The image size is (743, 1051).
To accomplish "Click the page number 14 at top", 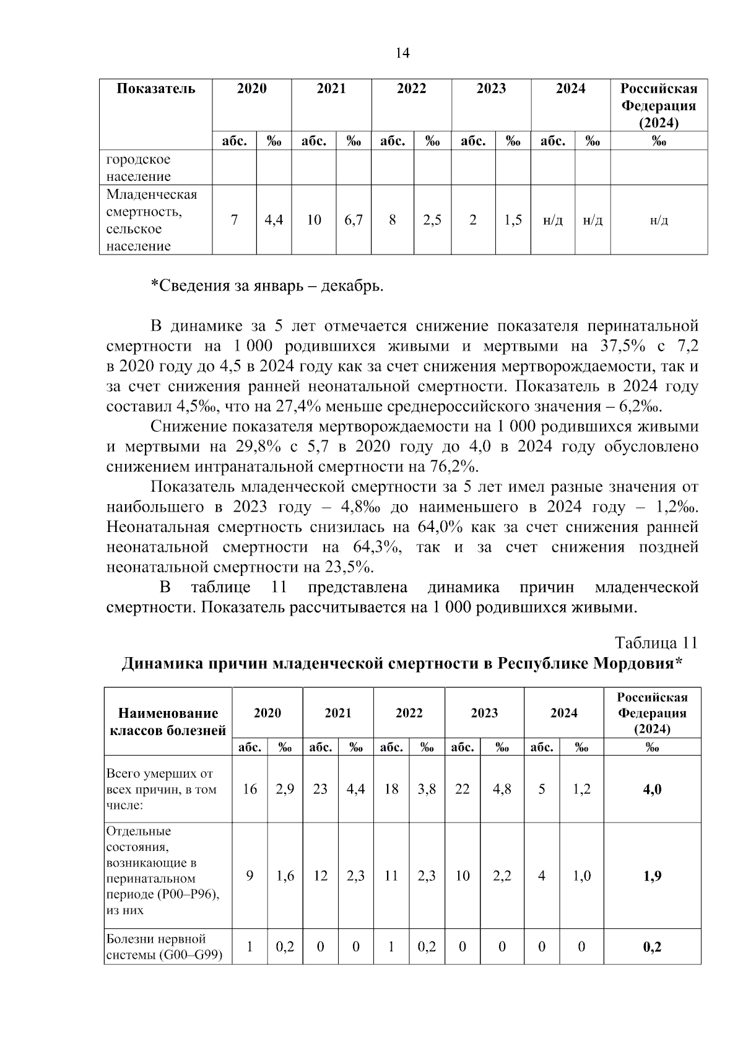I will point(402,53).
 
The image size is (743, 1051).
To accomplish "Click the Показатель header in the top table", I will point(156,89).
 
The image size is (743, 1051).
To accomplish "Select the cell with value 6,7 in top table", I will point(354,220).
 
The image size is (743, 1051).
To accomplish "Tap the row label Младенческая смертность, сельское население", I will point(152,220).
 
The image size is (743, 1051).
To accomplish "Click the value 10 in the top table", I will point(314,220).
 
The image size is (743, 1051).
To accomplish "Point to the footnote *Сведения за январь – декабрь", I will point(267,286).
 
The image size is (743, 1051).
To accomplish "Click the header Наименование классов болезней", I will point(168,722).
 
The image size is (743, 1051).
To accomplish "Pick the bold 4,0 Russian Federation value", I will point(652,789).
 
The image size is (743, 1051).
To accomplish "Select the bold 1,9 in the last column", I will point(652,876).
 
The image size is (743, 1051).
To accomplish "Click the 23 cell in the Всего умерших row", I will point(320,789).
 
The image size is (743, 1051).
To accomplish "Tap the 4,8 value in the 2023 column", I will point(502,789).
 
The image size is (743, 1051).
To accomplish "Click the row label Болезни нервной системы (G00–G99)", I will point(165,947).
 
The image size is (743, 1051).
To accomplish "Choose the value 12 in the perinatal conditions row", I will point(320,876).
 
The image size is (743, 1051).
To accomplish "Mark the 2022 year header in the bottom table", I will point(409,713).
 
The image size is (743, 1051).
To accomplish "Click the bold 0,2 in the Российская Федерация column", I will point(652,947).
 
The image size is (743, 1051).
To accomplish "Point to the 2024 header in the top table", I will point(570,89).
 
